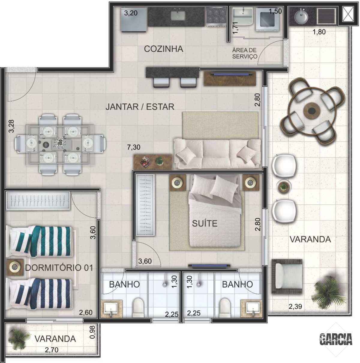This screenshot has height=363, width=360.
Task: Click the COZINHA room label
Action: (x=163, y=49)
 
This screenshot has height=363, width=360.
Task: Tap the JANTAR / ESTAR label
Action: (x=140, y=107)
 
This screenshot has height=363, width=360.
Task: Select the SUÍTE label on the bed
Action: (x=205, y=223)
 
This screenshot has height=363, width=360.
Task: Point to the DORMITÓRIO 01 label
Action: (x=59, y=268)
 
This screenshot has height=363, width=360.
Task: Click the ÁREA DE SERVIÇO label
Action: (x=244, y=53)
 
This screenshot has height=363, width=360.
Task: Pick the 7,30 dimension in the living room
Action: (x=133, y=147)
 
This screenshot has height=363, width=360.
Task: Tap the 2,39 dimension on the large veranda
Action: (x=295, y=307)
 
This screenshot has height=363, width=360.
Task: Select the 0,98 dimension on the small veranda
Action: (x=92, y=332)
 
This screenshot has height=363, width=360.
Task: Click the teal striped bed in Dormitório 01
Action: (x=40, y=241)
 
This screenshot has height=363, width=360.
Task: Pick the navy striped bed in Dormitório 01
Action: (x=39, y=294)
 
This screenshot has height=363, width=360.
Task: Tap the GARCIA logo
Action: (x=336, y=339)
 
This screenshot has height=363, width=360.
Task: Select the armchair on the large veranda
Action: (x=287, y=276)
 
